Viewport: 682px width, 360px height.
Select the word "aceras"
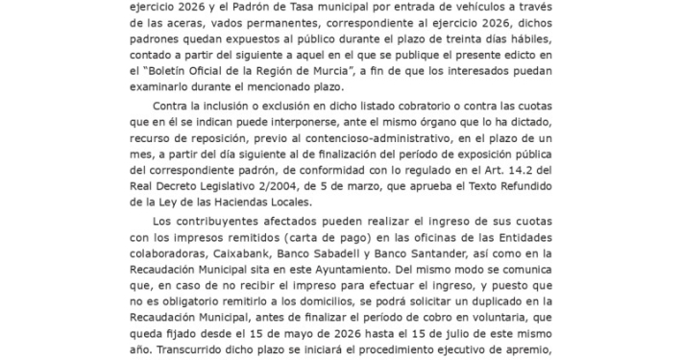183,26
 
